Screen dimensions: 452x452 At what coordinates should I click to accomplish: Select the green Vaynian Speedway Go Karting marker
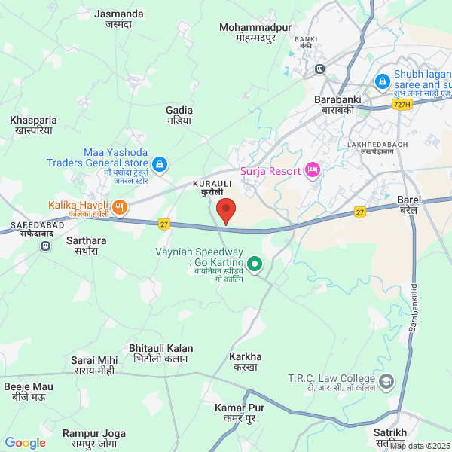[255, 264]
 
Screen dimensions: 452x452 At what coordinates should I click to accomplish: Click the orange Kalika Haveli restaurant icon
[119, 206]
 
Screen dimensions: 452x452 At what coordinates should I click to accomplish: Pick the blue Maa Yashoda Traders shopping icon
[159, 163]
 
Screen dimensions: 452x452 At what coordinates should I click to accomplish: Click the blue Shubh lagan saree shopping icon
[382, 79]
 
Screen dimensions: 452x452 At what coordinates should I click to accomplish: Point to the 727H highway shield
[402, 105]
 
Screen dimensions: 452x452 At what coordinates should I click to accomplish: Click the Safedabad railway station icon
[46, 245]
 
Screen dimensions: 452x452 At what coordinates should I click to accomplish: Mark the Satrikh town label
[390, 432]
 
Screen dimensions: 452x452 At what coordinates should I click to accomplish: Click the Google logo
[26, 443]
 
